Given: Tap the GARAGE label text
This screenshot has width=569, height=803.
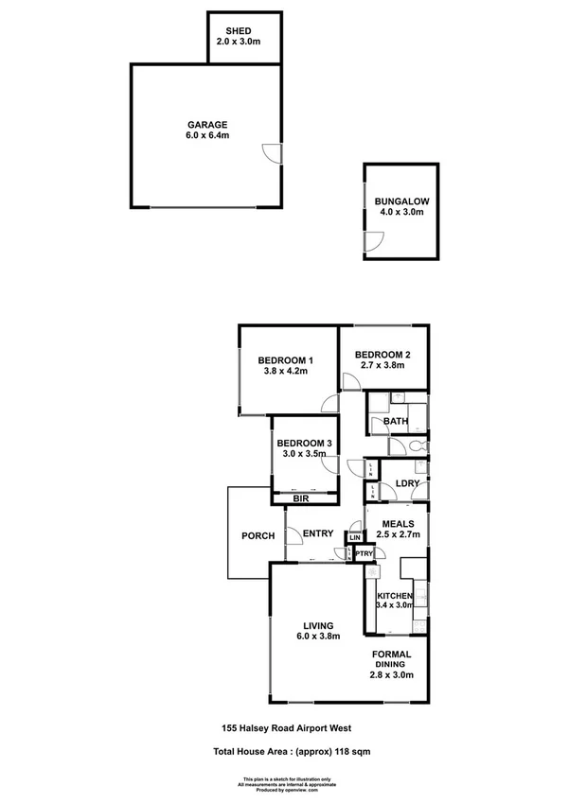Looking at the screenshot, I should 205,125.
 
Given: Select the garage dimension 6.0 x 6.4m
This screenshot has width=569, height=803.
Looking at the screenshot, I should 205,136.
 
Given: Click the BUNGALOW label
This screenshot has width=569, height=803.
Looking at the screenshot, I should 401,201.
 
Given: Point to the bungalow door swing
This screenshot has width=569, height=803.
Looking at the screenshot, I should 374,242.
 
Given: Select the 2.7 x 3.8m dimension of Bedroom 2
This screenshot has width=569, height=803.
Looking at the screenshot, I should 382,365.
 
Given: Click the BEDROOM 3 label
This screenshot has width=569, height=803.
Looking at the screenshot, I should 304,444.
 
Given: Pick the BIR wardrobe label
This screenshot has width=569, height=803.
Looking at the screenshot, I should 302,498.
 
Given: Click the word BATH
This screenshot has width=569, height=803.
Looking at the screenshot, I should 395,422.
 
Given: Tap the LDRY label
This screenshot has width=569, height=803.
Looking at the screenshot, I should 407,482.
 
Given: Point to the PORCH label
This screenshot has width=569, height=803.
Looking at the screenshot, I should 258,536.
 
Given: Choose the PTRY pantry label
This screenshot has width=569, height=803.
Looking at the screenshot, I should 365,554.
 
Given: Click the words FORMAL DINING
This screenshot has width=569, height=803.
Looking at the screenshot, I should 390,658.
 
